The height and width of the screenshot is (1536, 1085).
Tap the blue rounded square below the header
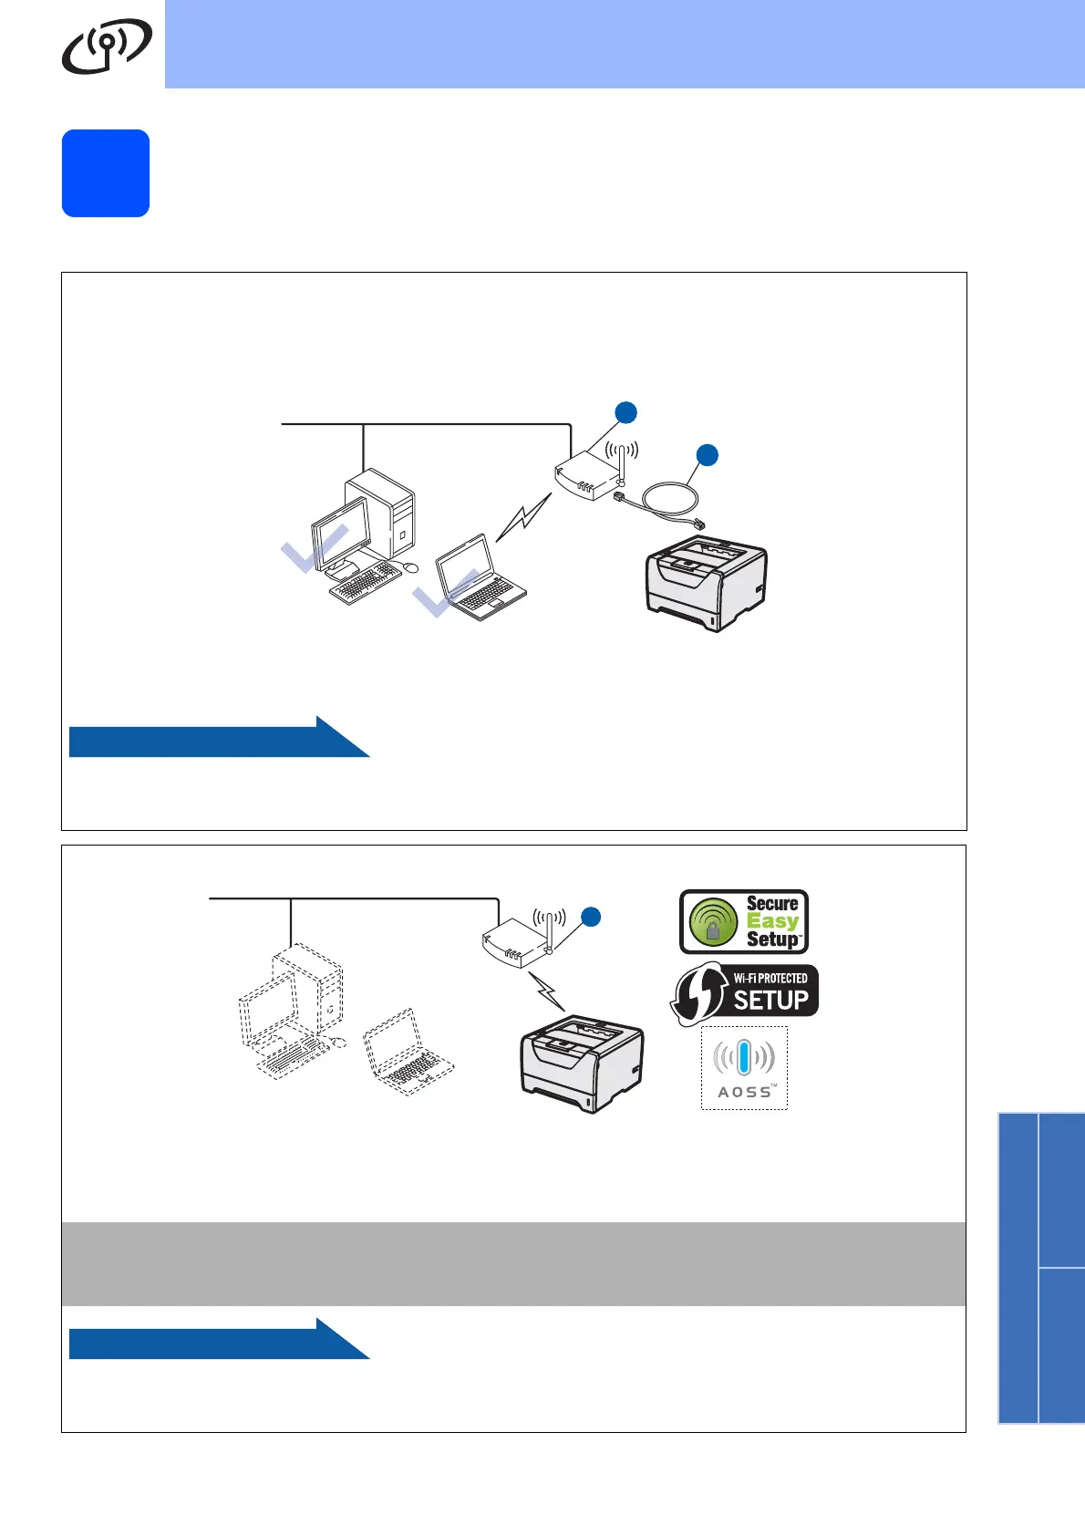pyautogui.click(x=106, y=173)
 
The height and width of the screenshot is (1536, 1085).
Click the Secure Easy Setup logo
pyautogui.click(x=744, y=921)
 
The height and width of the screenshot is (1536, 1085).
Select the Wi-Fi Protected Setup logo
pyautogui.click(x=745, y=993)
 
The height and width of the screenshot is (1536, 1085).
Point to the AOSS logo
pyautogui.click(x=744, y=1068)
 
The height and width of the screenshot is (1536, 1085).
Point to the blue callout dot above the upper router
pyautogui.click(x=625, y=412)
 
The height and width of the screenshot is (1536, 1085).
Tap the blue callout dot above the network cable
pyautogui.click(x=707, y=454)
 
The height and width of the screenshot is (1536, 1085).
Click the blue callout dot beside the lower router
pyautogui.click(x=591, y=917)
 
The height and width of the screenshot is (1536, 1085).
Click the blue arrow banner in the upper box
pyautogui.click(x=219, y=739)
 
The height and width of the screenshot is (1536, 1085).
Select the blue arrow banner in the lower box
pyautogui.click(x=219, y=1341)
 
